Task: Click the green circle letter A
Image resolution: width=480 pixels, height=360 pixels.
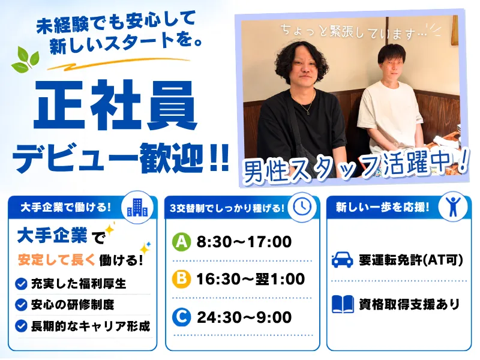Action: (x=182, y=242)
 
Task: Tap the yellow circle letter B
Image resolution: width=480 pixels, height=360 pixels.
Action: (x=182, y=279)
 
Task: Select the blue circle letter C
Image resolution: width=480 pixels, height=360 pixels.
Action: (x=182, y=317)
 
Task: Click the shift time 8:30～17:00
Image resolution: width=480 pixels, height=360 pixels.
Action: (x=244, y=242)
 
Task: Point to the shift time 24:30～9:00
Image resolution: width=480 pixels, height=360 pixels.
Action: (x=244, y=317)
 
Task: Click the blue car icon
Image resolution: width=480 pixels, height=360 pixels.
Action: (x=343, y=260)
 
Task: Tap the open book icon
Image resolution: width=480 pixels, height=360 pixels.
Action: (x=343, y=304)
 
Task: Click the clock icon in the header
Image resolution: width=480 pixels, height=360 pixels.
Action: (x=302, y=206)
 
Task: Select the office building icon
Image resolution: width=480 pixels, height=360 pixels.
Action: (x=137, y=208)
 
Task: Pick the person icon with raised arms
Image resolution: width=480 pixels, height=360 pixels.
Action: (x=453, y=206)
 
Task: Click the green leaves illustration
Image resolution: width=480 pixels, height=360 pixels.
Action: (x=26, y=59)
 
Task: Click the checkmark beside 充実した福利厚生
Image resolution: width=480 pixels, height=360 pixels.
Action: (x=21, y=284)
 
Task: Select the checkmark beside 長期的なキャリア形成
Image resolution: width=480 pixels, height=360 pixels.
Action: (x=21, y=326)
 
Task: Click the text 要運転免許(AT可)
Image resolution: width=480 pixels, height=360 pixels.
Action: (x=411, y=260)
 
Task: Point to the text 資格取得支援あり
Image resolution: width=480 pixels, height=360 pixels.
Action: (x=409, y=304)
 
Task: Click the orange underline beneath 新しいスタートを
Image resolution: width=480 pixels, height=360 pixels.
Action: (x=118, y=64)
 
